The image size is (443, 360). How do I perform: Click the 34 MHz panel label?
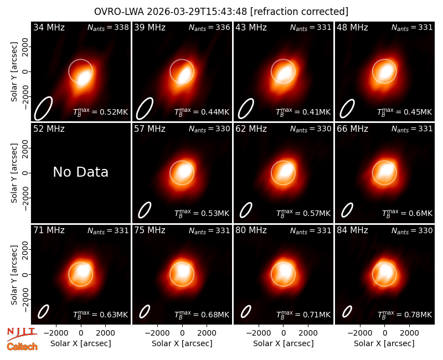(x=49, y=27)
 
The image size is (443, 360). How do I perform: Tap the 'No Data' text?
(x=80, y=172)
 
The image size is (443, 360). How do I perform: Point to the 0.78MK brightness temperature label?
(x=405, y=315)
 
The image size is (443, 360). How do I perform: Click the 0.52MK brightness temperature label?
(x=101, y=112)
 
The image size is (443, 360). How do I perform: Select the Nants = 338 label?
(x=108, y=27)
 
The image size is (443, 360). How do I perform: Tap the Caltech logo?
(x=22, y=347)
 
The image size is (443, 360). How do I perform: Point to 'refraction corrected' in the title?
(x=300, y=12)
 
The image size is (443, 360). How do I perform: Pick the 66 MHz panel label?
(x=352, y=129)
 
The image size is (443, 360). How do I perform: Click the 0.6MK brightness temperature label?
(x=407, y=213)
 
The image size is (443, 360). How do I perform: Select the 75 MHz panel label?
(x=150, y=230)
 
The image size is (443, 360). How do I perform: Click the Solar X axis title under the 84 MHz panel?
(x=384, y=343)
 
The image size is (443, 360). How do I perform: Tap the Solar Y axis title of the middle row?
(x=14, y=173)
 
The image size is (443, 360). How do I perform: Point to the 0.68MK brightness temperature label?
(x=202, y=315)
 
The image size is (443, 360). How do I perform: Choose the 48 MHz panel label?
(x=352, y=27)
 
